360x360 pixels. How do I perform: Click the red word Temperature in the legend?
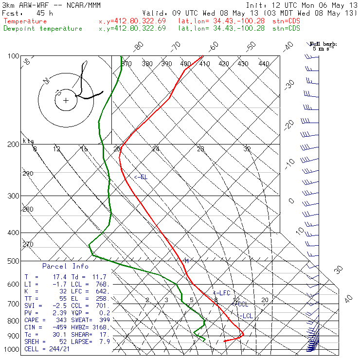(x=25, y=21)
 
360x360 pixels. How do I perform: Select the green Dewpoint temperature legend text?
(x=43, y=28)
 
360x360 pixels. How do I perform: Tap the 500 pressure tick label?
(x=14, y=261)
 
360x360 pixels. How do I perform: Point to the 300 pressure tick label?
(x=14, y=196)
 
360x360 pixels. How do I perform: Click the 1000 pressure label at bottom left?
(x=12, y=349)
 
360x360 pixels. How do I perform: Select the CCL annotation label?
(x=242, y=304)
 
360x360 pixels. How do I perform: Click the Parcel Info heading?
(x=65, y=266)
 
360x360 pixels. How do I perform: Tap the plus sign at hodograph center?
(x=66, y=101)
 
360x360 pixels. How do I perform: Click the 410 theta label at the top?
(x=204, y=64)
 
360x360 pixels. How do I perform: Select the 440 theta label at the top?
(x=264, y=64)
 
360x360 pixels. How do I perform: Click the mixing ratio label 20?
(x=265, y=300)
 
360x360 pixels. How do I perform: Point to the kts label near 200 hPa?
(x=28, y=141)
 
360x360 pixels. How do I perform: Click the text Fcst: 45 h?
(x=22, y=13)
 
